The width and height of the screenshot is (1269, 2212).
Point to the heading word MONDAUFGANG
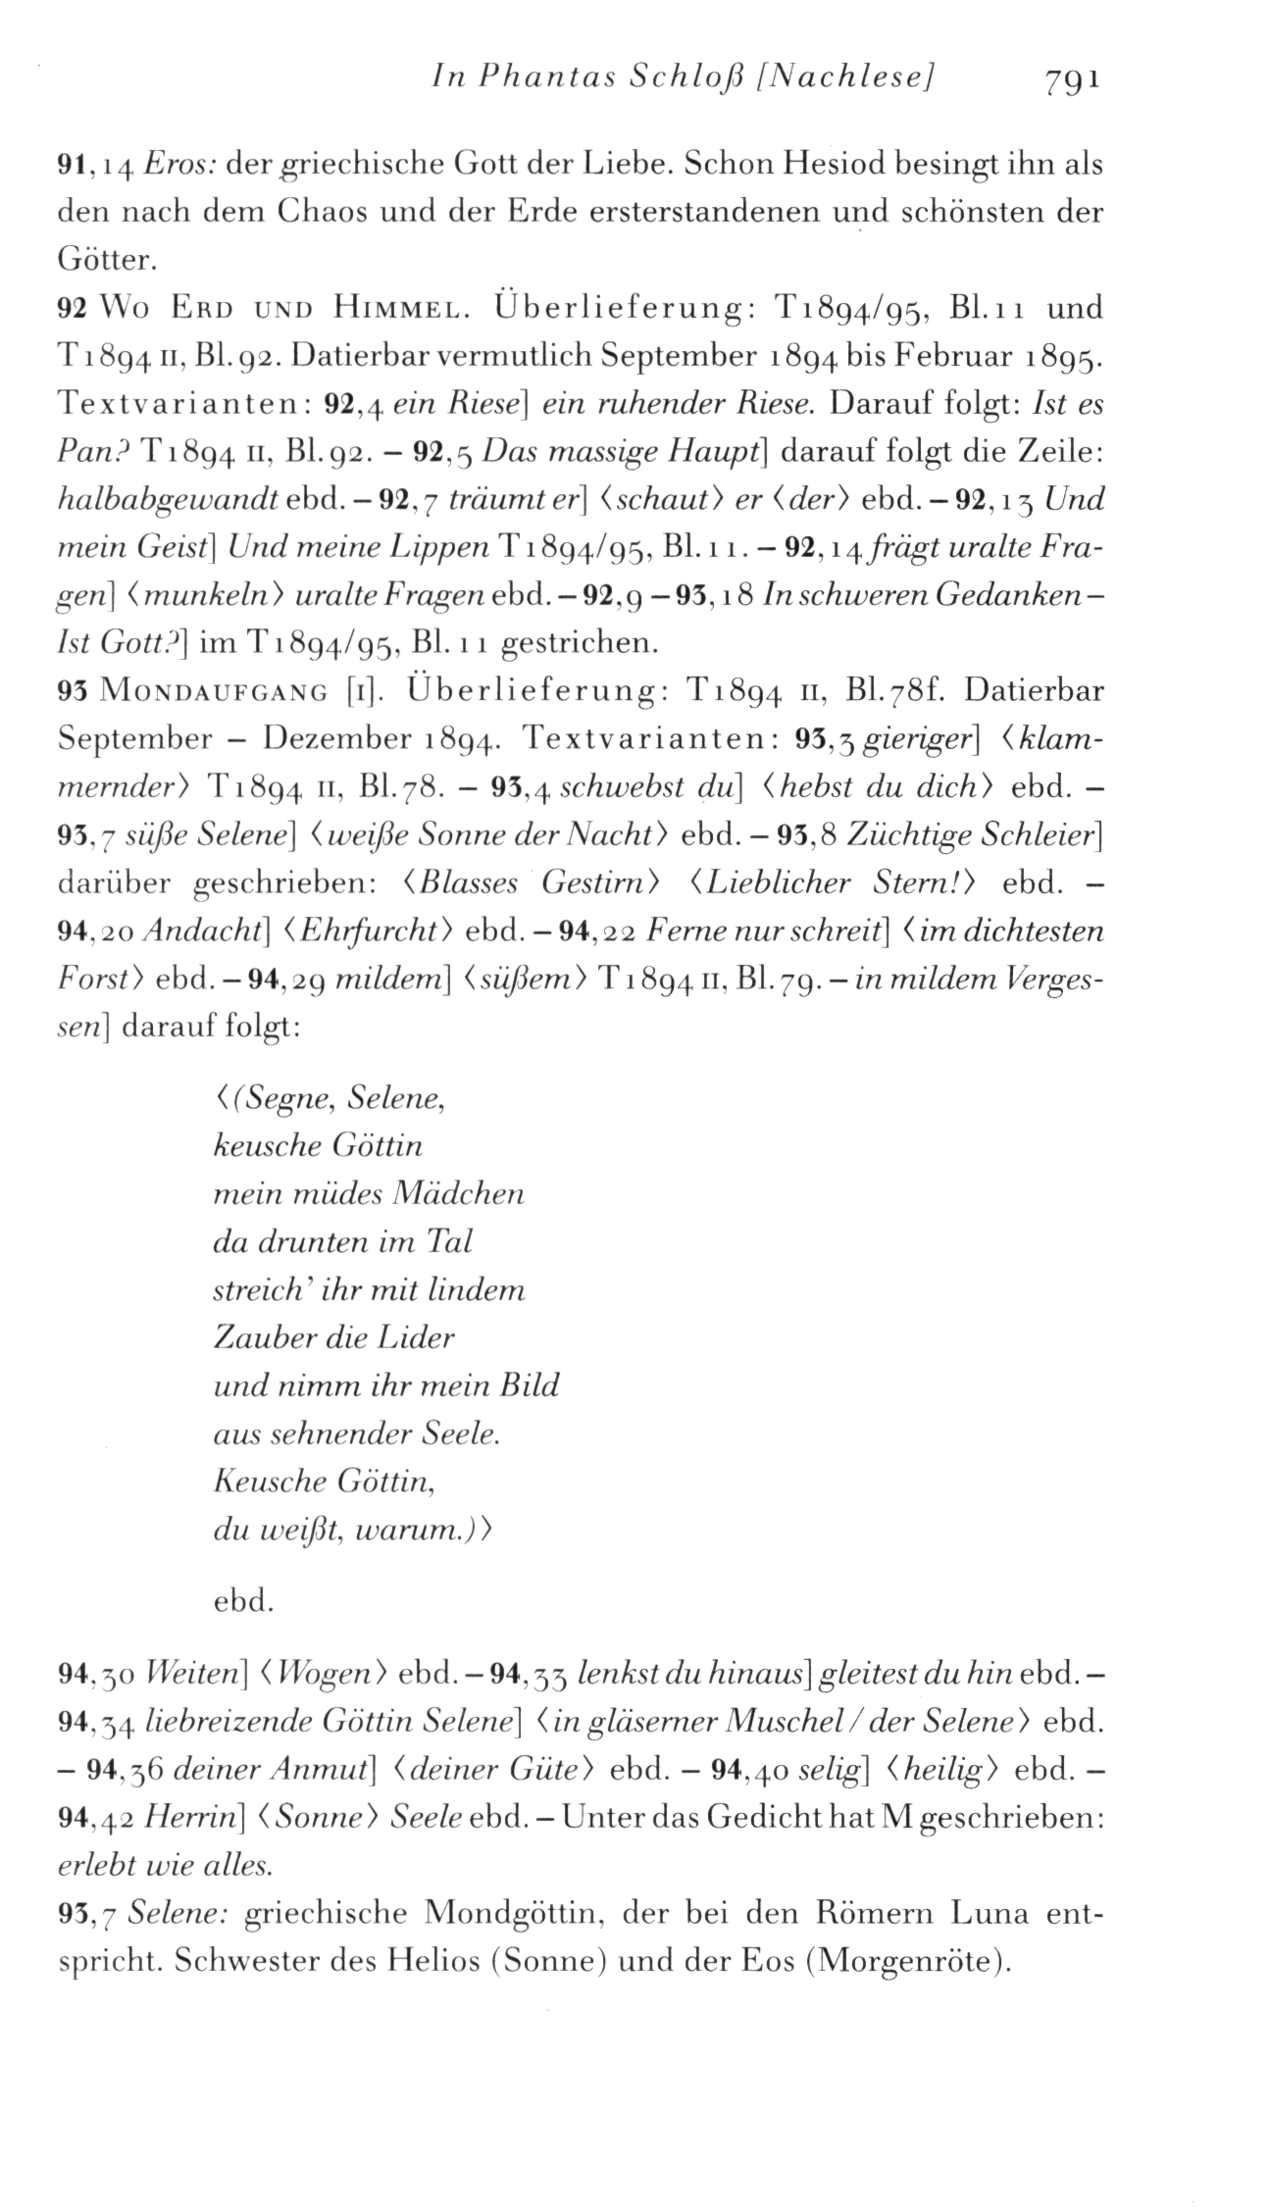[216, 692]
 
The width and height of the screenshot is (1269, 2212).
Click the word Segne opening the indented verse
[283, 1101]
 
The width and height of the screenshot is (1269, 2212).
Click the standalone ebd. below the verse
[242, 1602]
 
